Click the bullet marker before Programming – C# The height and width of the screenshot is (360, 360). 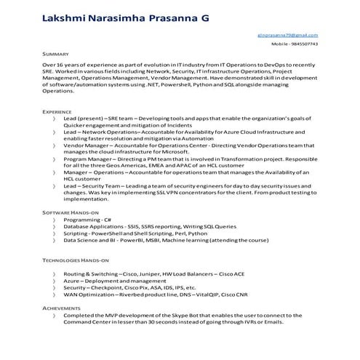(54, 219)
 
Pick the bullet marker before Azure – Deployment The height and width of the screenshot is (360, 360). (54, 280)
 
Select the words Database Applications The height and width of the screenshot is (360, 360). (98, 225)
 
